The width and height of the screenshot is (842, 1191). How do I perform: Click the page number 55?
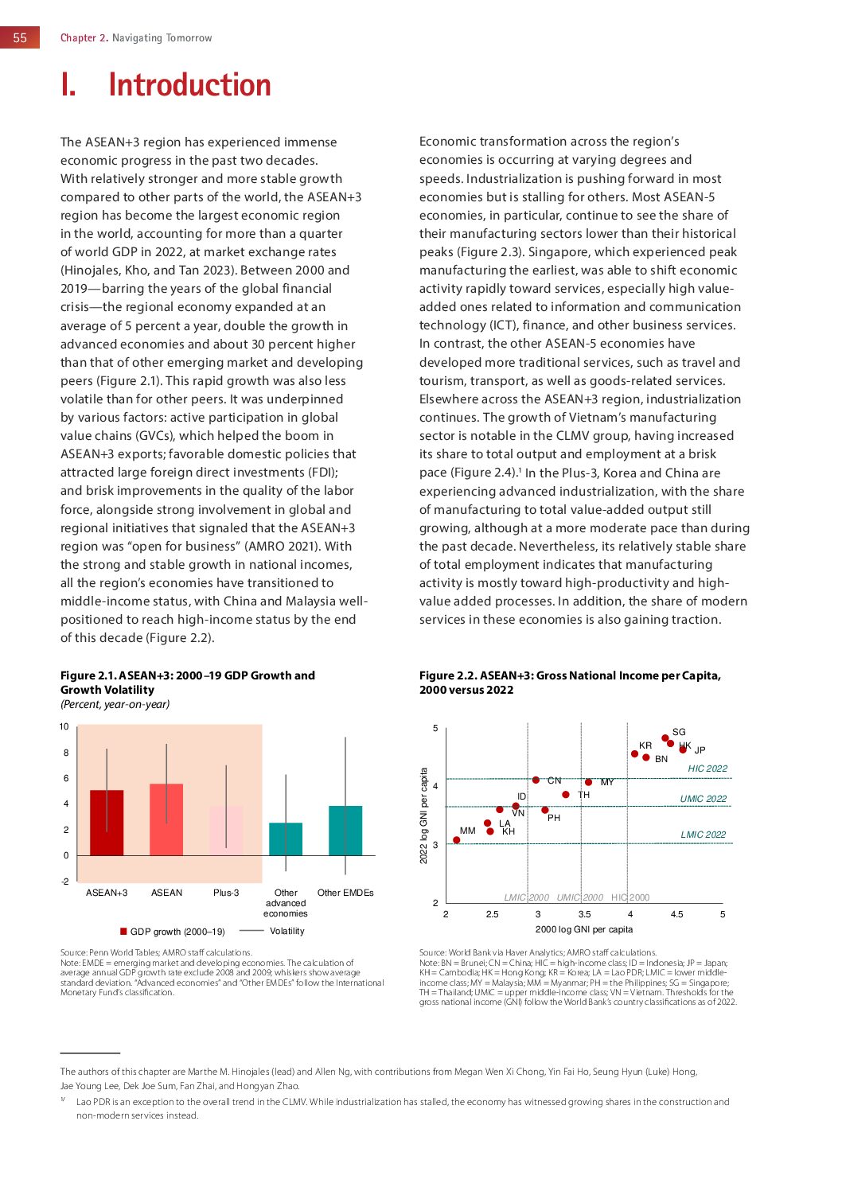[20, 37]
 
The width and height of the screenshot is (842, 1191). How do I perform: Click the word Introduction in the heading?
[189, 85]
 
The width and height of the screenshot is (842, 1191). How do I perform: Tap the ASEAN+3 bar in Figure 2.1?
[107, 823]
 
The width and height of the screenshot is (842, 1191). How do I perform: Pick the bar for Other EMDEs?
[345, 831]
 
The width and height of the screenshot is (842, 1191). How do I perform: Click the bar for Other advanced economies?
[286, 839]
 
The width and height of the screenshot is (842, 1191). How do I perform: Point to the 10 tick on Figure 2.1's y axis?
[64, 726]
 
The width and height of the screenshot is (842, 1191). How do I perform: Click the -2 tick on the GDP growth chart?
[64, 882]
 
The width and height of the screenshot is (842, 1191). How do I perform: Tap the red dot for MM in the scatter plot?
[457, 840]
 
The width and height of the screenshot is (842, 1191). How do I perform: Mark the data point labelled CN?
[536, 780]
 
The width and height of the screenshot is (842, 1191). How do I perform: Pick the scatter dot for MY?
[589, 782]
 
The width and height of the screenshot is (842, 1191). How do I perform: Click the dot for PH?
[545, 810]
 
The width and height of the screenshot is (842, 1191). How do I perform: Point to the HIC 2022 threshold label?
[708, 769]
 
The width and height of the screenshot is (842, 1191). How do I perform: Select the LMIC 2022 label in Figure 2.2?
[703, 835]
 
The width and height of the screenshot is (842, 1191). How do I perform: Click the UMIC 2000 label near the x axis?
[579, 897]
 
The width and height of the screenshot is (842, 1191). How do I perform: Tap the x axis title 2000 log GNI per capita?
[584, 929]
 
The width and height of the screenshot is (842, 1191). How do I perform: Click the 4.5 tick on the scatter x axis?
[676, 914]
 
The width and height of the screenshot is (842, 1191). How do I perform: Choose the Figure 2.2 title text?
[570, 683]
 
